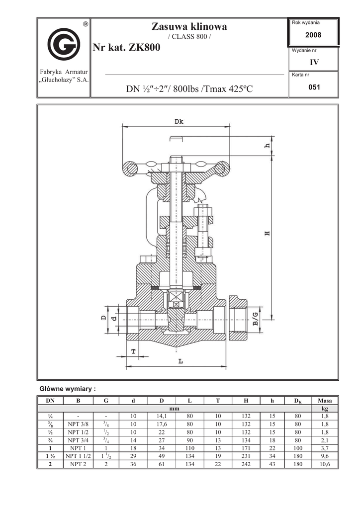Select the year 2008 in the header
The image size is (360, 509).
[x=314, y=35]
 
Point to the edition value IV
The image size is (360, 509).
[x=314, y=63]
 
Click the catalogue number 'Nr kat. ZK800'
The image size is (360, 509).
[x=126, y=48]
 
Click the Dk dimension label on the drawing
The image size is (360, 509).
[x=180, y=121]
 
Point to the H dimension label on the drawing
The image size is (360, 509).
[x=267, y=233]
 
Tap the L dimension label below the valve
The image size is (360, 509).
[x=180, y=361]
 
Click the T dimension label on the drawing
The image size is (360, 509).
[x=133, y=351]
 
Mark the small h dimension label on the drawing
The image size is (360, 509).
[x=267, y=146]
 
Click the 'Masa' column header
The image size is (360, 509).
[x=325, y=401]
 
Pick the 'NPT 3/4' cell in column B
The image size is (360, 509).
[x=78, y=440]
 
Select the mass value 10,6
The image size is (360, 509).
[x=325, y=464]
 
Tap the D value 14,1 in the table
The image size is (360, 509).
[x=162, y=417]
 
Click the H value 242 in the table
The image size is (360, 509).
[x=246, y=464]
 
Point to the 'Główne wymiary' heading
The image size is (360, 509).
[x=67, y=388]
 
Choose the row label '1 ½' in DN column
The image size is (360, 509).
[x=50, y=456]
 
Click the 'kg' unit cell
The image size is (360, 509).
[x=325, y=409]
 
